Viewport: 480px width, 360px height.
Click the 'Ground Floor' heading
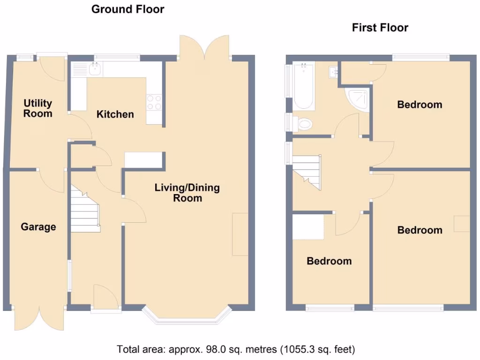pos(127,9)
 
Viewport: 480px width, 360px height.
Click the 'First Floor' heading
pos(380,28)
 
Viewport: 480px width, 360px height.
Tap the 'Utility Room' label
pos(38,108)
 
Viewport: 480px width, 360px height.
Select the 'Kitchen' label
pos(115,114)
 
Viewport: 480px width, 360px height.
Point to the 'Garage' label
pos(38,227)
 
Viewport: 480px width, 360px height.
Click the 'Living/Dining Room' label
pos(187,193)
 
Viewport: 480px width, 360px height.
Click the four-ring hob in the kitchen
pos(154,103)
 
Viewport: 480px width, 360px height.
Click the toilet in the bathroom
pos(302,124)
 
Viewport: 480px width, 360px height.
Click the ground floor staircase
pos(85,210)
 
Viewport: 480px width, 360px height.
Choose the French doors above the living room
pos(204,47)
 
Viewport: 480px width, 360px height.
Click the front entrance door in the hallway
pos(105,296)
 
